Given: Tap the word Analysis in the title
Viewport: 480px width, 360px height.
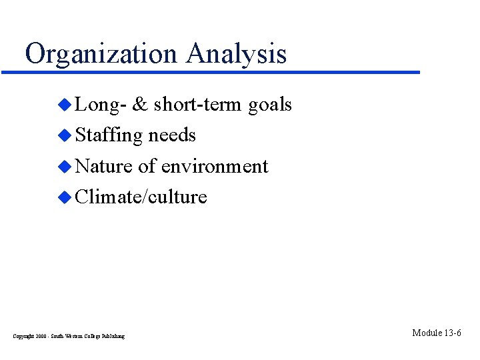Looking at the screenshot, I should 237,54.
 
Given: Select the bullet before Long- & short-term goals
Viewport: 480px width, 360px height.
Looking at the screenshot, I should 65,104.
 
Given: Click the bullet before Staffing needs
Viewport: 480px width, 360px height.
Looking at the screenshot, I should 65,135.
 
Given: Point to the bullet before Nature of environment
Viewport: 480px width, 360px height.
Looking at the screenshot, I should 65,166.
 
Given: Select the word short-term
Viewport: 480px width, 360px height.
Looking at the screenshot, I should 197,105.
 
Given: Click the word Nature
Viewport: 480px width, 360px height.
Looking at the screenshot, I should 105,166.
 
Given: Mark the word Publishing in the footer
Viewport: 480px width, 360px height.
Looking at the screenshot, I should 113,336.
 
